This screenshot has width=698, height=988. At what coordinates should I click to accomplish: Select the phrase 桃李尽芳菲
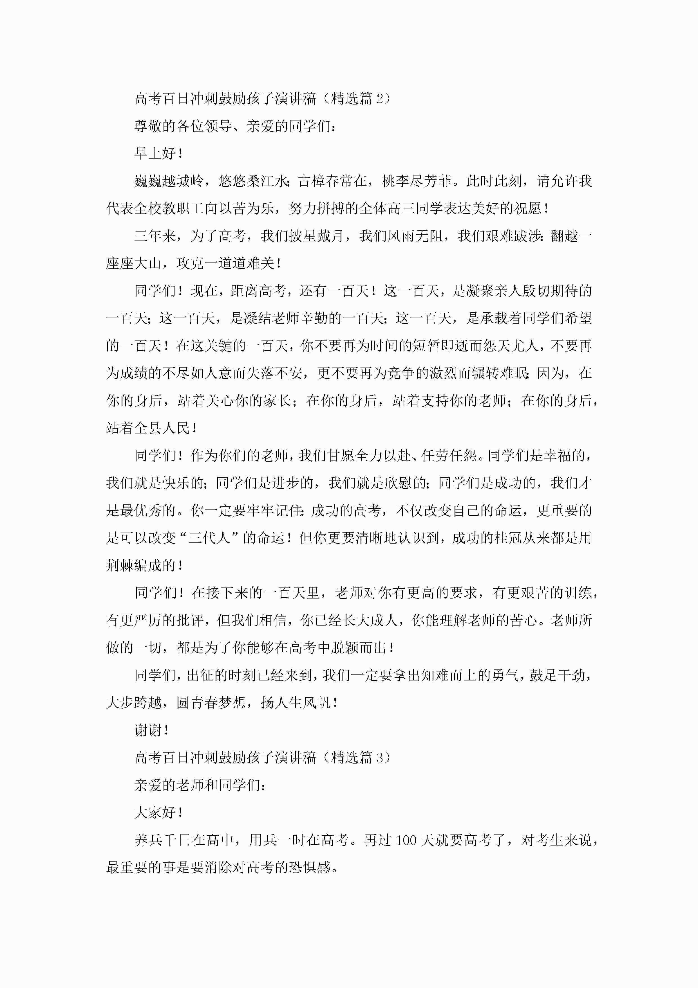point(416,181)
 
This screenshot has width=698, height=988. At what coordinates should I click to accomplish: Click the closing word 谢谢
point(148,730)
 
